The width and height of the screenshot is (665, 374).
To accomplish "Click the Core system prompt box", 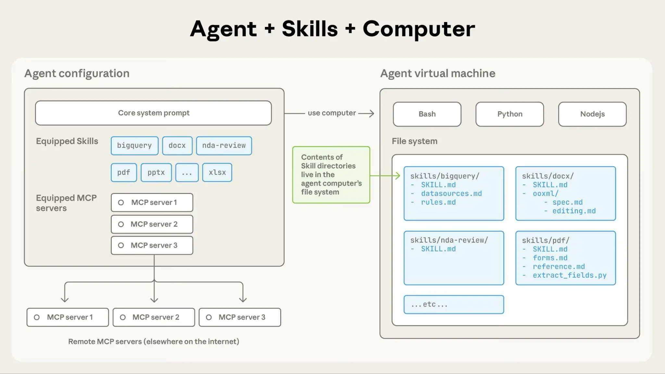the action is click(x=153, y=113).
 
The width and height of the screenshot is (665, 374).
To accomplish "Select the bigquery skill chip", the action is click(x=134, y=146).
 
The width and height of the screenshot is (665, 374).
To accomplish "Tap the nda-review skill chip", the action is click(x=224, y=146).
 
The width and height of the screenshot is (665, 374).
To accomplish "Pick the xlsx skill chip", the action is click(x=217, y=173).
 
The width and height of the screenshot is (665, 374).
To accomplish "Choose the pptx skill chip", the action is click(x=156, y=173).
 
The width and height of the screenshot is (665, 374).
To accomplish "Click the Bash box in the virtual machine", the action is click(x=427, y=114).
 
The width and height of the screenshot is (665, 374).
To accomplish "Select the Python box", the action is click(x=510, y=114).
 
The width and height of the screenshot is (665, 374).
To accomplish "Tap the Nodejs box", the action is click(x=592, y=114).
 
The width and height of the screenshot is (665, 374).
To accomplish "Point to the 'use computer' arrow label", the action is click(x=332, y=113).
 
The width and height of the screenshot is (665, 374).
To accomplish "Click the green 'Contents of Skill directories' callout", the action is click(x=331, y=175).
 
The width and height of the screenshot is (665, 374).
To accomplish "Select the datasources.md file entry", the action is click(x=451, y=194).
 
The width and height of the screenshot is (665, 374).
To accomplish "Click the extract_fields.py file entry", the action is click(x=570, y=275).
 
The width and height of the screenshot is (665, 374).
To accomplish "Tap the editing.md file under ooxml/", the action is click(x=574, y=211).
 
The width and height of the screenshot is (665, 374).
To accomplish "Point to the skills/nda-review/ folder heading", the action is click(x=449, y=240).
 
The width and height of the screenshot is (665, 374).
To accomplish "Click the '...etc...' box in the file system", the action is click(x=454, y=305).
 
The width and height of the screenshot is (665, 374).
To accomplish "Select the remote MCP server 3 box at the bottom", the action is click(x=240, y=317).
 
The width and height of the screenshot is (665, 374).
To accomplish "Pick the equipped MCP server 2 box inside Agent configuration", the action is click(x=152, y=224).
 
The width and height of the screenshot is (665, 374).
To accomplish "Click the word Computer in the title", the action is click(x=419, y=29).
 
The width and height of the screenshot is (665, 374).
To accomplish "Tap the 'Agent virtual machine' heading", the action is click(x=438, y=74).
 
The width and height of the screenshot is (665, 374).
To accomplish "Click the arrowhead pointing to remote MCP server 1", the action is click(x=65, y=299).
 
